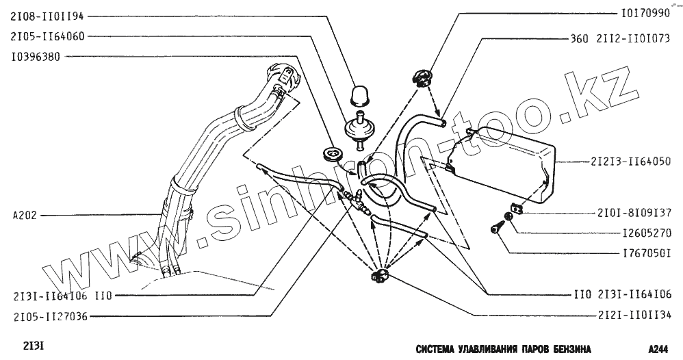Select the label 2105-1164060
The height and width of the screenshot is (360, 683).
(46, 36)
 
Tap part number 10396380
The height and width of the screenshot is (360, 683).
(36, 57)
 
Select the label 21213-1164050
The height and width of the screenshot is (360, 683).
(629, 162)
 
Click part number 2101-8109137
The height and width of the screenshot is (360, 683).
(629, 212)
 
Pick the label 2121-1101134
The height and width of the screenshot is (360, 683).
(628, 316)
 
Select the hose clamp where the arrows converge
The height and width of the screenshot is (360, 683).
(377, 276)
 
